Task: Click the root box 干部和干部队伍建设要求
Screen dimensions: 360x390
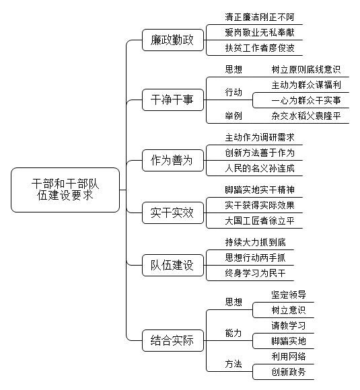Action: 65,190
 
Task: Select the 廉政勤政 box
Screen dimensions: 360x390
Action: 173,40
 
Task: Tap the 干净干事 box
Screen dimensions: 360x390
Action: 173,100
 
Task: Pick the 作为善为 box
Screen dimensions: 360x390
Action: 173,161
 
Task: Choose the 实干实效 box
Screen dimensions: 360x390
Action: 173,213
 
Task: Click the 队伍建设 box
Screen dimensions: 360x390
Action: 173,266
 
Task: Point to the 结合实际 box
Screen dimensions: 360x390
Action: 173,340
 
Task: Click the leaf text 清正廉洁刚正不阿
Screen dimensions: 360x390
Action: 260,17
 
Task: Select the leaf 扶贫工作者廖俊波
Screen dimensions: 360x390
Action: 260,48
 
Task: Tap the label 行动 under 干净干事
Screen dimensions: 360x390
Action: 233,92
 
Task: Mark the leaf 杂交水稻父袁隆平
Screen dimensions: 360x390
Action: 306,116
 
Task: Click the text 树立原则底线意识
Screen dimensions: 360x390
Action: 306,69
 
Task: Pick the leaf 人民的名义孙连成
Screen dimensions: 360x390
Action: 260,168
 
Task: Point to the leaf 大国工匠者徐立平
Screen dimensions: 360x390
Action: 260,221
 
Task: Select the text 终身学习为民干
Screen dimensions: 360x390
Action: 256,273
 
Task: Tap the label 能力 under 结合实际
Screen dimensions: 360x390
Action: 233,333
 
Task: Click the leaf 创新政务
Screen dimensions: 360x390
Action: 289,372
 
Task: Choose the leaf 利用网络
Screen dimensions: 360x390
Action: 289,356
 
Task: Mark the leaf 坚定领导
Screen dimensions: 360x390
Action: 289,295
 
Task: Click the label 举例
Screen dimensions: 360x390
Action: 233,116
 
